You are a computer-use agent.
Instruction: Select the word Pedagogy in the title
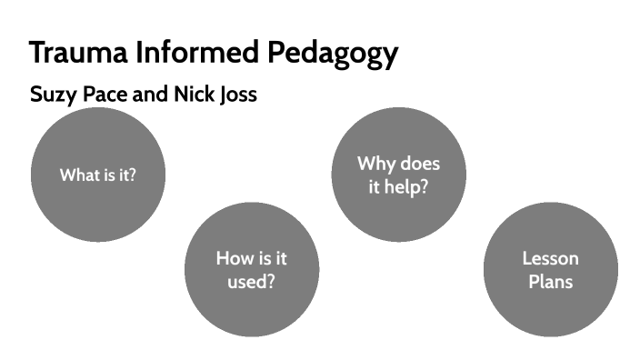(333, 54)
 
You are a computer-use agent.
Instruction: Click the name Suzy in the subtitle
(53, 95)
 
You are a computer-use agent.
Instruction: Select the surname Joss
(238, 95)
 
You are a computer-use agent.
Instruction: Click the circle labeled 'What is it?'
(97, 175)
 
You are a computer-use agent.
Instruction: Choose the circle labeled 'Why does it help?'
(398, 175)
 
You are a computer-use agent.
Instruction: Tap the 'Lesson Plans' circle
(550, 270)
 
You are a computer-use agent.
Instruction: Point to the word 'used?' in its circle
(252, 281)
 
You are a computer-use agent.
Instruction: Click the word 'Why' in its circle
(376, 164)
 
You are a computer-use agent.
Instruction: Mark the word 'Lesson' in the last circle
(550, 258)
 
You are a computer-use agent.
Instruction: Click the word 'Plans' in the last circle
(550, 281)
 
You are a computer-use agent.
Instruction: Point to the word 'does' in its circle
(420, 164)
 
